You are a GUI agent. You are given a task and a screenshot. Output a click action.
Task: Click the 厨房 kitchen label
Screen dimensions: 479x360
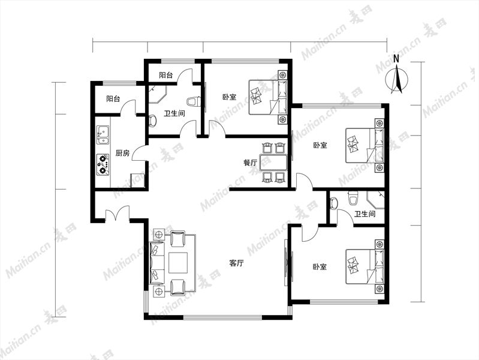click(x=122, y=153)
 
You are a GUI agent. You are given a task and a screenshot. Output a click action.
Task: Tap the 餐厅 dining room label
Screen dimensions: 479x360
click(x=251, y=163)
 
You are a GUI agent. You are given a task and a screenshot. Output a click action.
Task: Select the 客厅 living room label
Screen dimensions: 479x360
click(x=236, y=263)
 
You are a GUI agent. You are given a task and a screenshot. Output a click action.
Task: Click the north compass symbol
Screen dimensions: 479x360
click(x=396, y=80)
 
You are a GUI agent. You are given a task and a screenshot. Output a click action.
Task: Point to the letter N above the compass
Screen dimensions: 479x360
click(x=396, y=59)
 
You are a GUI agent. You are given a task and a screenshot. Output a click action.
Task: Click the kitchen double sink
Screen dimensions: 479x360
click(x=103, y=135)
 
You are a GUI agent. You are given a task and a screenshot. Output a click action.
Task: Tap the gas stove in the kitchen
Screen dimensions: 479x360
click(x=103, y=164)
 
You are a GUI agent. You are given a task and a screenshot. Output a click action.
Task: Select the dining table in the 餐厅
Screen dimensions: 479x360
click(x=273, y=163)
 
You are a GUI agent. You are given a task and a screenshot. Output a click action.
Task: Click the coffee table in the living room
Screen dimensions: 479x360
click(x=178, y=263)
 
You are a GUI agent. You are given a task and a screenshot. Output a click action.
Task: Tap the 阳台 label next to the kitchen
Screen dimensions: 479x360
click(x=113, y=99)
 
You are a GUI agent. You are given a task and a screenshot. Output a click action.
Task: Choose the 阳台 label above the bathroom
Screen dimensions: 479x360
click(x=166, y=75)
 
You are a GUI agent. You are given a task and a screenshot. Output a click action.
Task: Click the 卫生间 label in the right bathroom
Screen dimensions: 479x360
click(x=364, y=214)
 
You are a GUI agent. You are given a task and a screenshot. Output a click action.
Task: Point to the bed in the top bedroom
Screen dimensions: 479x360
click(x=268, y=97)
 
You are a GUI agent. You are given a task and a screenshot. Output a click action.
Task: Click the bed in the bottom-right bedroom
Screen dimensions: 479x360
click(x=364, y=267)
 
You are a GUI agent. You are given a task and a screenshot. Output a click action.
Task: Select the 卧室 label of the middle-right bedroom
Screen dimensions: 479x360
click(x=320, y=145)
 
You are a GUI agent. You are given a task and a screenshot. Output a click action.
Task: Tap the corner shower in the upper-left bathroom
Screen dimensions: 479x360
click(x=158, y=95)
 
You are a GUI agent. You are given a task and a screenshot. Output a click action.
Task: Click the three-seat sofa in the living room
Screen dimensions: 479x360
click(x=156, y=263)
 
